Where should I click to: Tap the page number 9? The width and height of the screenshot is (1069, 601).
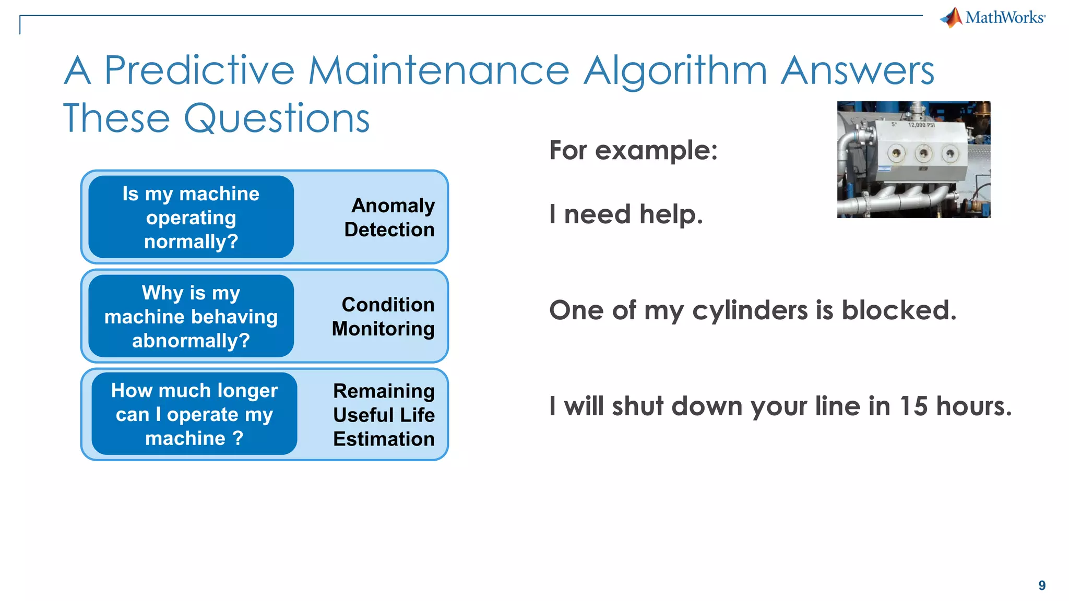1041,585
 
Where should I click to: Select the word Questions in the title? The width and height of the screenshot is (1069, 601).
277,118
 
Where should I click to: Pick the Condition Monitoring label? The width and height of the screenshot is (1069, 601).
384,317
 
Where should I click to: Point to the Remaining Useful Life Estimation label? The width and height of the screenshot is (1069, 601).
384,415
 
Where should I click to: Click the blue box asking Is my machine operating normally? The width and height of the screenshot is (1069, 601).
191,218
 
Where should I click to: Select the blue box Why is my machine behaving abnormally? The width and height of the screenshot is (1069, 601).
191,317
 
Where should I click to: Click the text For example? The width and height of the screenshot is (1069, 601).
633,151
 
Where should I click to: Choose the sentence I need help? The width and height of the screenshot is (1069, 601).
626,214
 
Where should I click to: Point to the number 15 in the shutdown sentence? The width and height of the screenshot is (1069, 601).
913,406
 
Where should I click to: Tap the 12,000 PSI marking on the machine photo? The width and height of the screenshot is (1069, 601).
921,125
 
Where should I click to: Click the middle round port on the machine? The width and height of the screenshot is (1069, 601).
923,153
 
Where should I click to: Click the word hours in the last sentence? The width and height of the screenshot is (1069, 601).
973,406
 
